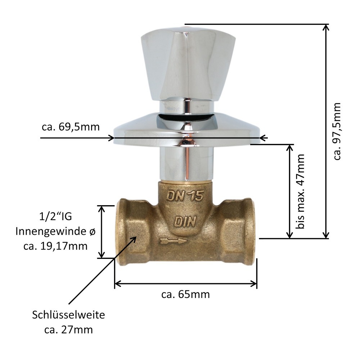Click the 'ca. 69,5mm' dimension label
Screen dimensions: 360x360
coord(70,127)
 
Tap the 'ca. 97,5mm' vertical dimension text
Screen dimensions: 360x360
coord(337,131)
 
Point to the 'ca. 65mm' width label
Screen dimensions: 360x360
coord(185,294)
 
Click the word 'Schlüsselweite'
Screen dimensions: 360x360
coord(68,315)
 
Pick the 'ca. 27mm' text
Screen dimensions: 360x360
coord(68,329)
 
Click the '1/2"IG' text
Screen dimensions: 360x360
coord(55,217)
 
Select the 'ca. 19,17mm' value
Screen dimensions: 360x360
coord(55,246)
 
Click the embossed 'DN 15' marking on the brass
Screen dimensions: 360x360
coord(185,196)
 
